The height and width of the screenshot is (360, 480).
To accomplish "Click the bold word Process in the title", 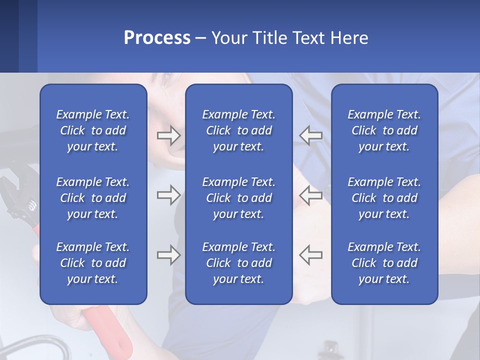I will tap(157, 38).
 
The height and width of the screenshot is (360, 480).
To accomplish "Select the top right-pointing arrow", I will tap(168, 135).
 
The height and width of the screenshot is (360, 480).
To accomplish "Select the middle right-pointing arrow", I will tap(168, 195).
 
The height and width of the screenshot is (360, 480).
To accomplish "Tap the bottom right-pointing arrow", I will tap(168, 255).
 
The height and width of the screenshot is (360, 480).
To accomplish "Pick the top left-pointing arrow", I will tap(310, 135).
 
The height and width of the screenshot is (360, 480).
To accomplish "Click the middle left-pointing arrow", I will tap(310, 195).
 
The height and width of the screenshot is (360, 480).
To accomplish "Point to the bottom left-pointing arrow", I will tap(310, 255).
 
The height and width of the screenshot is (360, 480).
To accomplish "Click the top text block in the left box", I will tap(93, 130).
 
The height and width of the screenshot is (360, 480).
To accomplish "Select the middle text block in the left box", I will tap(93, 198).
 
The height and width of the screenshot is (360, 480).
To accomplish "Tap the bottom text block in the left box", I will tap(93, 263).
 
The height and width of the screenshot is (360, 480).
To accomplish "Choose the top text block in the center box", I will tap(238, 130).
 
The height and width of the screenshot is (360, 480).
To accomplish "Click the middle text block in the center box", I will tap(238, 198).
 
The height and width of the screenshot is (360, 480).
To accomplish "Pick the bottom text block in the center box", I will tap(238, 263).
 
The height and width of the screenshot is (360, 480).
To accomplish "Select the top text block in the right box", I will tap(384, 130).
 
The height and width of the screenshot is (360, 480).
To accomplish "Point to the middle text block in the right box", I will tap(384, 198).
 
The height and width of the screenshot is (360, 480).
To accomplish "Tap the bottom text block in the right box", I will tap(384, 263).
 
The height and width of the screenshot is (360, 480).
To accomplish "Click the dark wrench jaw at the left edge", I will tap(17, 187).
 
